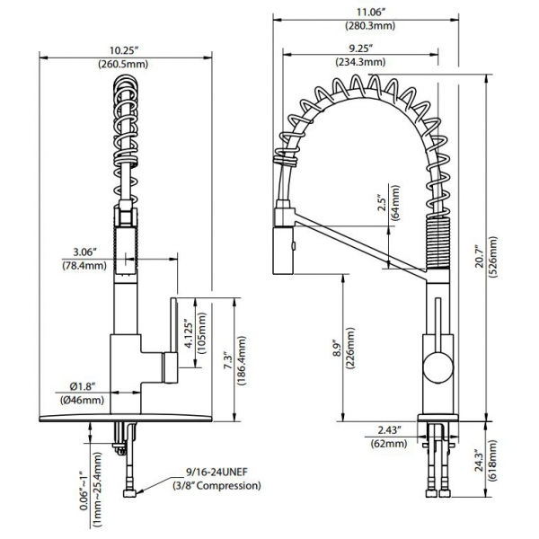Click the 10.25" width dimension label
click(124, 50)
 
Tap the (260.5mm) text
click(123, 65)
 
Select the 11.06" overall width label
click(369, 13)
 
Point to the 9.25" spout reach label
click(361, 49)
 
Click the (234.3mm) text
click(360, 62)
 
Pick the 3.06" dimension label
click(84, 252)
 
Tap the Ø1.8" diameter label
click(82, 386)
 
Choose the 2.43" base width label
click(390, 429)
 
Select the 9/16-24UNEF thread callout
click(216, 472)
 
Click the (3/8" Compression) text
click(216, 485)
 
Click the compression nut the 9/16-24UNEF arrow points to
click(129, 493)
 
